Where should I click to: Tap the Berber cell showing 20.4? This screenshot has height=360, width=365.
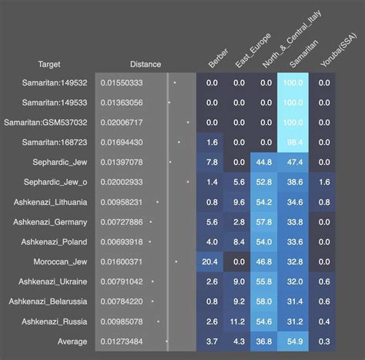coord(212,262)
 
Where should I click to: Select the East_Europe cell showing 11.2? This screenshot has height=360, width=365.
coord(239,321)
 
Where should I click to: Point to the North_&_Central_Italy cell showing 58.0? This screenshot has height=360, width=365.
coord(266,301)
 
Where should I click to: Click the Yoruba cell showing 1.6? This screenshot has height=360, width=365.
coord(323,182)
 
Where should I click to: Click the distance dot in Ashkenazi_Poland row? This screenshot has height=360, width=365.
coord(149,241)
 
